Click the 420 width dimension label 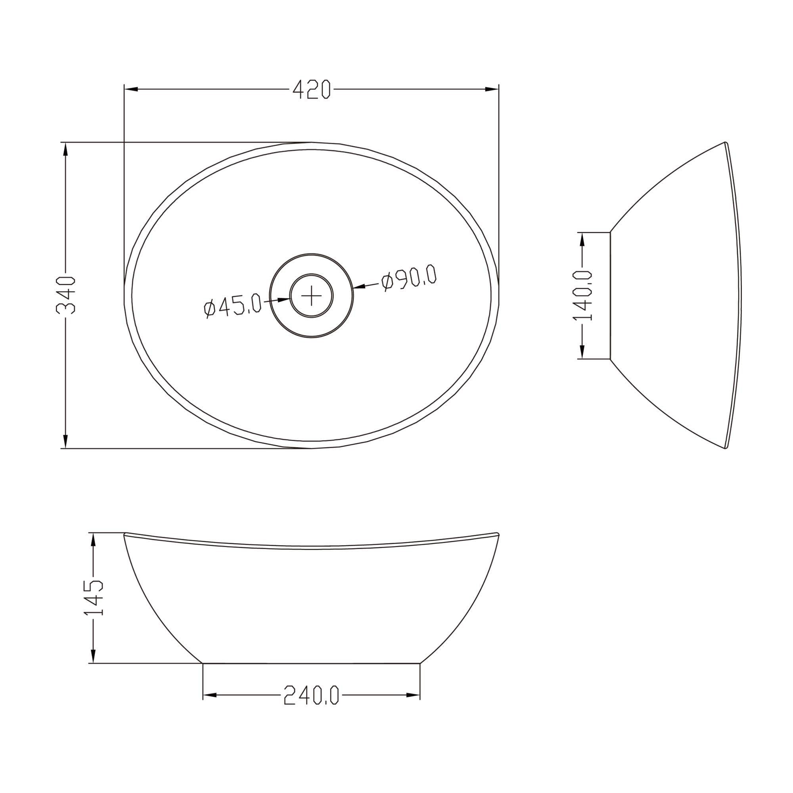coord(311,90)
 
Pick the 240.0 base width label coord(312,695)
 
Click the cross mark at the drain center coord(312,295)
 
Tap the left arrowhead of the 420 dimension coord(130,90)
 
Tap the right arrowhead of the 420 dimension coord(492,90)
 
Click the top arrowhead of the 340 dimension coord(65,149)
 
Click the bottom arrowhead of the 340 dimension coord(65,442)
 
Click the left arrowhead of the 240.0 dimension coord(210,695)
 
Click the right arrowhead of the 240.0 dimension coord(413,695)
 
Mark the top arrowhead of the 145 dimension coord(94,539)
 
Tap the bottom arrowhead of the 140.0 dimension coord(582,352)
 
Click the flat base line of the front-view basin coord(312,663)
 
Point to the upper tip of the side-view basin coord(725,143)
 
